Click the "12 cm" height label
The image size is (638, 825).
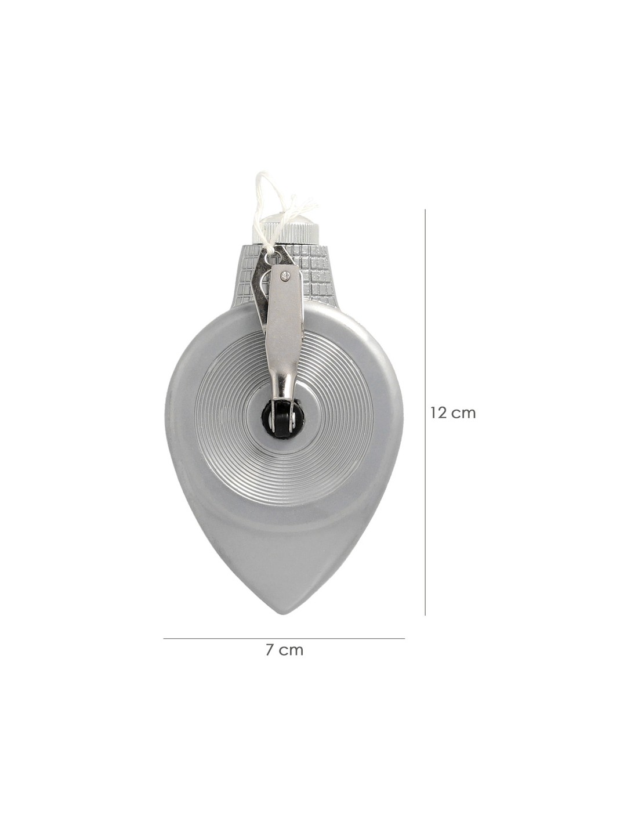pos(452,412)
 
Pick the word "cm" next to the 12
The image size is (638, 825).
pos(465,414)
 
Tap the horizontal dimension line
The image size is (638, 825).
pos(284,639)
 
